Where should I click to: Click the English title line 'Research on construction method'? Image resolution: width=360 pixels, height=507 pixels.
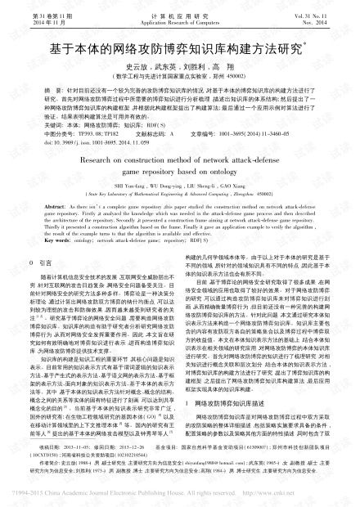pos(178,162)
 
